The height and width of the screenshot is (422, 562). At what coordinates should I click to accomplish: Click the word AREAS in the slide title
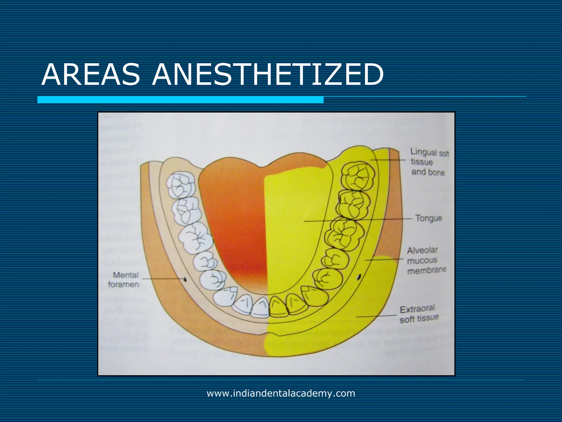click(91, 75)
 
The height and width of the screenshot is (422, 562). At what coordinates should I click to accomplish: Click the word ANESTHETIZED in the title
click(268, 75)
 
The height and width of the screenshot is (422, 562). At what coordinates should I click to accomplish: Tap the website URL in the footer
click(281, 393)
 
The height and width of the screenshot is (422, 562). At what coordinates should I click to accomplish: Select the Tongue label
click(428, 218)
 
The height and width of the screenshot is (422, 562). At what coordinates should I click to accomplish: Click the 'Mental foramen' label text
click(124, 279)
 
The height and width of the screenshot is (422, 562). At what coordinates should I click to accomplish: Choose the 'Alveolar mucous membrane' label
click(426, 260)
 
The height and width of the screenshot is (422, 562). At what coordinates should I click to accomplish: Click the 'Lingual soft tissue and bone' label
click(429, 162)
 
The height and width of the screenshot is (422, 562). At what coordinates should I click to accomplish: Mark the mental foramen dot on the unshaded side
click(185, 279)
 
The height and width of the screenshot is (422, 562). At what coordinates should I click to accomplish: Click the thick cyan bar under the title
click(180, 100)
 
